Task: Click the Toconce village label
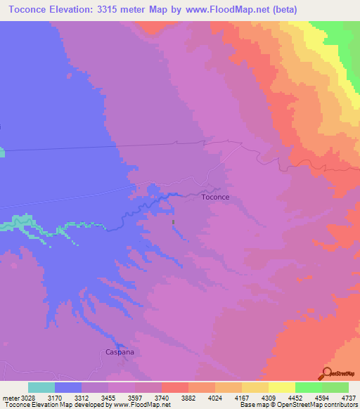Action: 215,197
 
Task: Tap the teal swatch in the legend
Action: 41,387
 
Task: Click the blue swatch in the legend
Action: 68,387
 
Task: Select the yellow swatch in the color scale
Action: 282,387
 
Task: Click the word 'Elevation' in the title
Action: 70,9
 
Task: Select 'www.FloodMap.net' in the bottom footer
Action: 137,404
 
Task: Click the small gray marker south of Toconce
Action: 174,223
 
